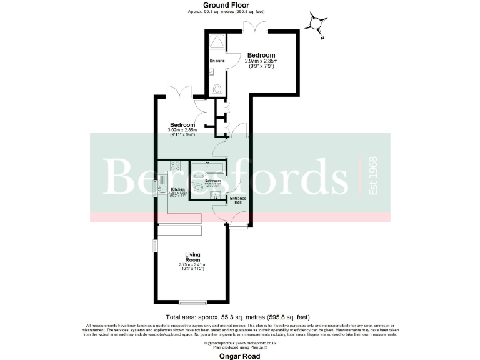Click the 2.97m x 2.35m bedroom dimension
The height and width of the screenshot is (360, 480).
coord(261,61)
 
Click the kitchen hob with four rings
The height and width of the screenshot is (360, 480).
coord(176,166)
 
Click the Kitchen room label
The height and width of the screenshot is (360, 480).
coord(178,189)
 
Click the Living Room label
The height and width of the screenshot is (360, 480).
coord(193,257)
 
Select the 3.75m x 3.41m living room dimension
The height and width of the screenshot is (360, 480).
coord(192,266)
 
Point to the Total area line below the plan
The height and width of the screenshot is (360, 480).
coord(237,317)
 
